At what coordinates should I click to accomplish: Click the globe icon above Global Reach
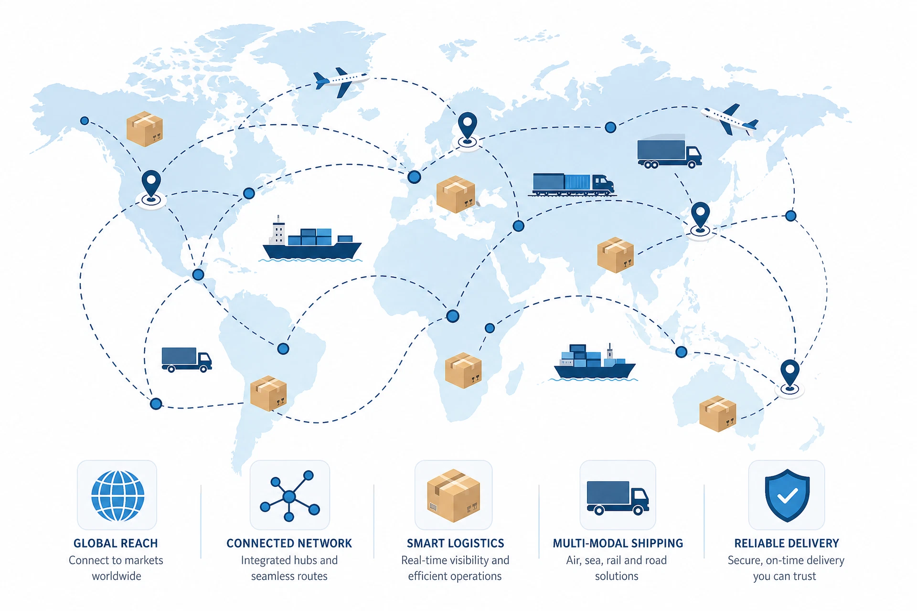tap(117, 496)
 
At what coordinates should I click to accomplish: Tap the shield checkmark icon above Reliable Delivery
tap(787, 495)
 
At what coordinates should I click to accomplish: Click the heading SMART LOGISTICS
tap(455, 543)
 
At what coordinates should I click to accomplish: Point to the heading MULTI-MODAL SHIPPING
tap(618, 543)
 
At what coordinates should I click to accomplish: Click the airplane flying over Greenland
tap(341, 81)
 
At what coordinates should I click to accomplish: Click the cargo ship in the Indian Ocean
tap(594, 363)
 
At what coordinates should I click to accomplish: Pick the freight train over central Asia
tap(572, 185)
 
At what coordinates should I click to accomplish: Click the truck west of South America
tap(187, 359)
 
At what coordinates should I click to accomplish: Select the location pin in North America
tap(151, 189)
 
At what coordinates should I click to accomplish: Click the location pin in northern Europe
tap(467, 130)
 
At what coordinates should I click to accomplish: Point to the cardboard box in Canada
tap(145, 129)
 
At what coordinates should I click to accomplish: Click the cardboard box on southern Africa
tap(463, 370)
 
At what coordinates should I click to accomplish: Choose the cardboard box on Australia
tap(717, 414)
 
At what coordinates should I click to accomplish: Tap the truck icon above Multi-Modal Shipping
tap(618, 497)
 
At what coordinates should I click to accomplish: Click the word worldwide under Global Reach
tap(117, 576)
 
